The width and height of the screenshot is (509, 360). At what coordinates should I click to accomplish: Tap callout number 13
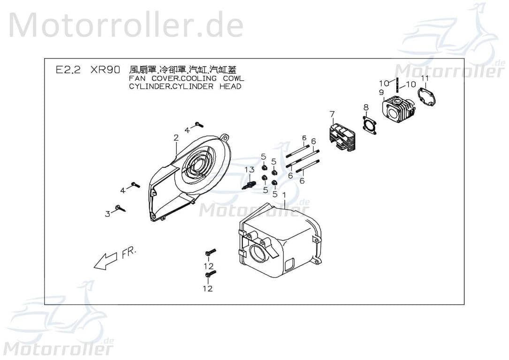pyautogui.click(x=250, y=169)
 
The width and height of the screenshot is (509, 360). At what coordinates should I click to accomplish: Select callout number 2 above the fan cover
pyautogui.click(x=176, y=138)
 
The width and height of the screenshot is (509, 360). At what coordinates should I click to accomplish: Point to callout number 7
pyautogui.click(x=332, y=114)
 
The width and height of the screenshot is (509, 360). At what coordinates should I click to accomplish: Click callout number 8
pyautogui.click(x=365, y=108)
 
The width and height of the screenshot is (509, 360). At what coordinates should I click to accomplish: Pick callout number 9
pyautogui.click(x=381, y=92)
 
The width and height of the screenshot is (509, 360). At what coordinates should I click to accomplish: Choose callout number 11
pyautogui.click(x=425, y=78)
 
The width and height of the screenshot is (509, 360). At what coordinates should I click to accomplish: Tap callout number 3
pyautogui.click(x=107, y=214)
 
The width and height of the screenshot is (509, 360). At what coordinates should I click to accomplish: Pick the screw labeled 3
pyautogui.click(x=121, y=208)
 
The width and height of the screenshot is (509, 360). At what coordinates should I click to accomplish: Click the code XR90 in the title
pyautogui.click(x=105, y=70)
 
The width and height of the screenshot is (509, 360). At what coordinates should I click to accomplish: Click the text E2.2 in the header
pyautogui.click(x=68, y=70)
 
